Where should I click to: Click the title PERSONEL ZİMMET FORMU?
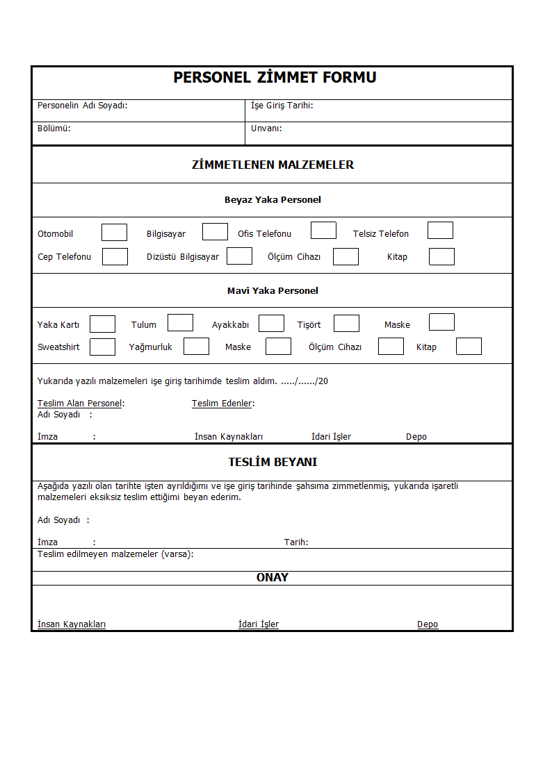(x=275, y=78)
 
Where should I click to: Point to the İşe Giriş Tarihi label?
(x=282, y=106)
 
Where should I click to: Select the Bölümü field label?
(x=54, y=128)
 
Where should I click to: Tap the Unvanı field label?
(x=266, y=128)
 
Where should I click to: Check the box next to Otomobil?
(x=114, y=233)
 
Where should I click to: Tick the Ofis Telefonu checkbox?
(x=323, y=231)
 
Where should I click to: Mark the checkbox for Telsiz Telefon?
(x=440, y=231)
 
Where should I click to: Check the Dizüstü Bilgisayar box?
(x=239, y=256)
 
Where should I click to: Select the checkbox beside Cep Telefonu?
(x=115, y=257)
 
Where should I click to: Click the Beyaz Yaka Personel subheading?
(x=273, y=200)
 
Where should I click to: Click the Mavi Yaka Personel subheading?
(x=273, y=291)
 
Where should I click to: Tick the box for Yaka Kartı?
(x=102, y=324)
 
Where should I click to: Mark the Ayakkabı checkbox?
(x=271, y=324)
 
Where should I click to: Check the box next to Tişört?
(x=346, y=324)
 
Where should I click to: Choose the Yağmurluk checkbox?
(x=196, y=347)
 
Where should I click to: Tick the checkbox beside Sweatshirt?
(x=102, y=347)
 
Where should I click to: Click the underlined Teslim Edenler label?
(x=222, y=404)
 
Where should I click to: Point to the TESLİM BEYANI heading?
(x=273, y=463)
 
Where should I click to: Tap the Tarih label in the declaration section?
(x=296, y=542)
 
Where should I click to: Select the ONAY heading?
(x=273, y=578)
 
